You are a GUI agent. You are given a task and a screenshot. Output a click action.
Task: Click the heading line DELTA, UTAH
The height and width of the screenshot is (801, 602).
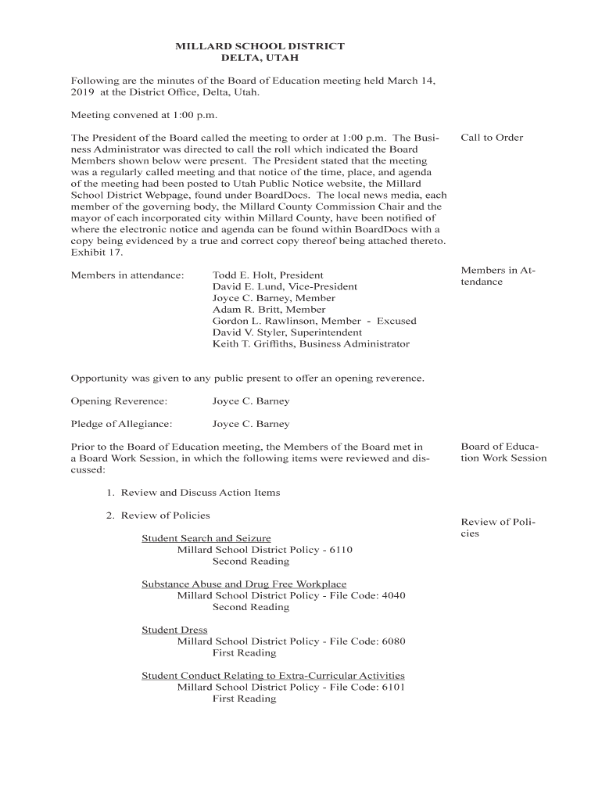(260, 59)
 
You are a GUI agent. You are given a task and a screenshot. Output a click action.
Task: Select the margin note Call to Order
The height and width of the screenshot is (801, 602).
(492, 138)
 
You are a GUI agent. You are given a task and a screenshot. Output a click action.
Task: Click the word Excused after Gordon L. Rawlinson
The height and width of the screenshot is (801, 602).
(396, 321)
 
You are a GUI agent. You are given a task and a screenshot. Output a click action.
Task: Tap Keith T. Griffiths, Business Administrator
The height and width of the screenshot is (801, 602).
(310, 344)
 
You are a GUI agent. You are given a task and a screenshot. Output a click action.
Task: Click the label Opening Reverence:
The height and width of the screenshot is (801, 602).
(119, 401)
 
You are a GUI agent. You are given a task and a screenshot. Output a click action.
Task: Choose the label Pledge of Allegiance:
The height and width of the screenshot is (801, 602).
(121, 424)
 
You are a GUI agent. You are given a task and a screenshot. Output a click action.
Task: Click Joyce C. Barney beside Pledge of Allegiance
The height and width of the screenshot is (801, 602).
(250, 424)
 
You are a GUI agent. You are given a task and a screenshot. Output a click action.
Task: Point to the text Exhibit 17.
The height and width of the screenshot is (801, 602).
(97, 253)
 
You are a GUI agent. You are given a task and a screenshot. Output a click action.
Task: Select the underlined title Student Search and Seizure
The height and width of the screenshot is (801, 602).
(206, 538)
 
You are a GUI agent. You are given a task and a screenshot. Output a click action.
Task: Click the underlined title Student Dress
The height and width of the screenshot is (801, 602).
(174, 630)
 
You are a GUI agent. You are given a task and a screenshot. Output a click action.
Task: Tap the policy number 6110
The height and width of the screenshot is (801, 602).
(341, 550)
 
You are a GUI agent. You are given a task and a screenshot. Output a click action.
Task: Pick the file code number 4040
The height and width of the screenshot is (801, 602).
(393, 595)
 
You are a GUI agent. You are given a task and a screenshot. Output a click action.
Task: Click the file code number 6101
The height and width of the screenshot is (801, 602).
(393, 687)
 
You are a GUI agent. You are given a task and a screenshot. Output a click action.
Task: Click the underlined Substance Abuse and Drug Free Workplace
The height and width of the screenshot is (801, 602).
(243, 584)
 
